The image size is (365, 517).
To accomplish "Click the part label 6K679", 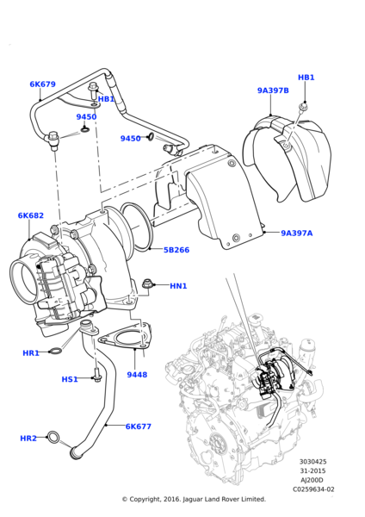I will (x=42, y=84).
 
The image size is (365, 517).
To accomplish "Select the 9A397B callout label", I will (x=273, y=90).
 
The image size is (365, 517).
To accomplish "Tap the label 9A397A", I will (x=297, y=233).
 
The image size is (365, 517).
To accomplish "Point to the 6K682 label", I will (x=30, y=215).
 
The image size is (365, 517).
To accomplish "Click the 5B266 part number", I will (x=177, y=251).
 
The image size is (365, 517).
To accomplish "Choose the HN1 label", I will (x=178, y=286).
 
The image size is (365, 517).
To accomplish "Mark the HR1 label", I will (x=31, y=352).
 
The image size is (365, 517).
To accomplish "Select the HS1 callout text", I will (x=70, y=379).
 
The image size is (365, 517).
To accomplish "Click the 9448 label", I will (x=137, y=375).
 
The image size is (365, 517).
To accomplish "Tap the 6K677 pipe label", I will (x=139, y=426).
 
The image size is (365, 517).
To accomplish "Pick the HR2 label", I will (x=28, y=439).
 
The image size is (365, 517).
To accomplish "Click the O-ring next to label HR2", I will (x=54, y=439).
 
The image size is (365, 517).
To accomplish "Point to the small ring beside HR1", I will (x=54, y=350).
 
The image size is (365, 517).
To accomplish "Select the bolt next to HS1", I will (x=96, y=377).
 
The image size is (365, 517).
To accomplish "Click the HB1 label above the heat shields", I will (x=306, y=78).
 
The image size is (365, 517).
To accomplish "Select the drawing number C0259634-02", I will (x=313, y=489).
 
